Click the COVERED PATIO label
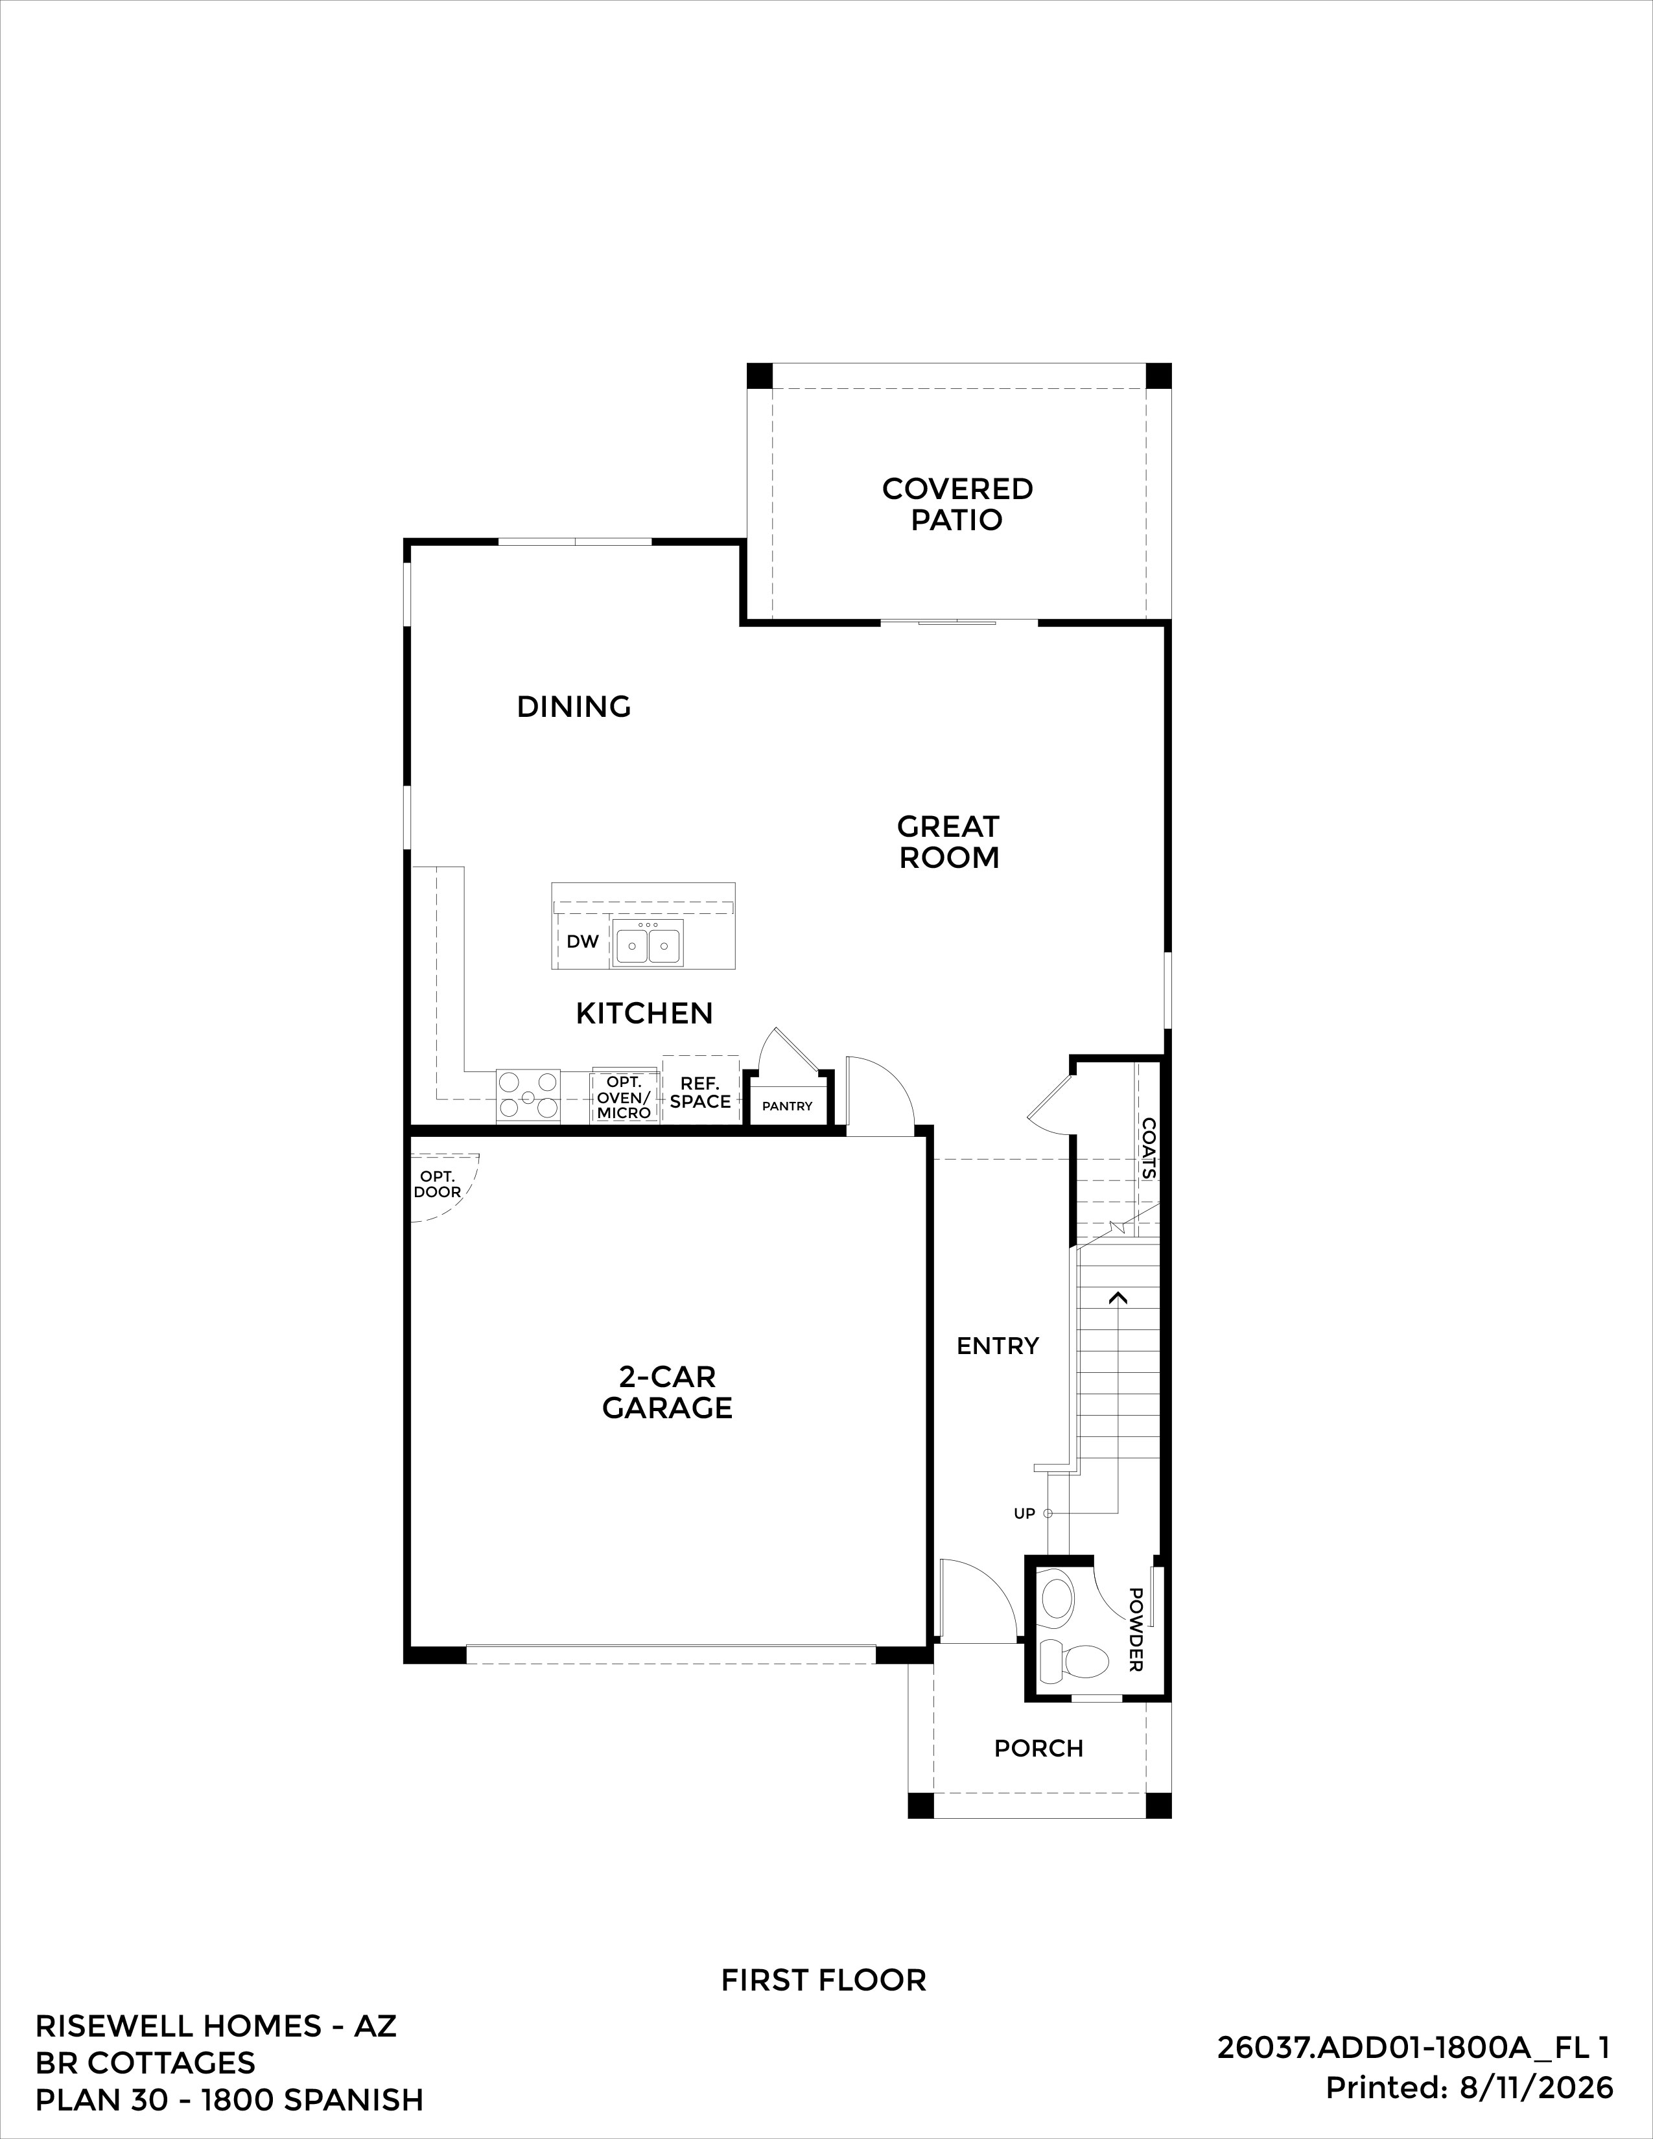point(957,504)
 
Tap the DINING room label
point(574,706)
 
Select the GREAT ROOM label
point(948,841)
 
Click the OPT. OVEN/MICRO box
point(624,1097)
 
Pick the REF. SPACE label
point(700,1092)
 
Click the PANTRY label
point(788,1106)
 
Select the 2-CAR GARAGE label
point(667,1392)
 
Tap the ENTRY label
point(998,1346)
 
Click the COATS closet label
point(1149,1149)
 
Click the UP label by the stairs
point(1024,1513)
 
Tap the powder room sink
point(1058,1596)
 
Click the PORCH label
point(1039,1748)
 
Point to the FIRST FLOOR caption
point(823,1980)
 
